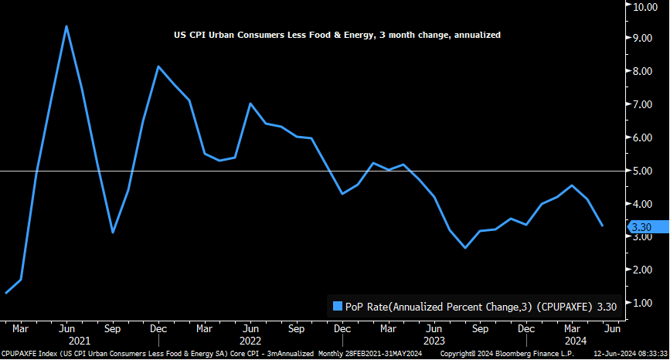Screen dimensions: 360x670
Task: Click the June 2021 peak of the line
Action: (x=66, y=26)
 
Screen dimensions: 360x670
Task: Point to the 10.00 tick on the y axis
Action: (x=644, y=7)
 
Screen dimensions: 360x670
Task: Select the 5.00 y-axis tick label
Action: (x=644, y=171)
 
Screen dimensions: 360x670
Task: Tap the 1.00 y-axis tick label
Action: (x=644, y=303)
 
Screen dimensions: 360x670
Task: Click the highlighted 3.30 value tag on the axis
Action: (x=642, y=227)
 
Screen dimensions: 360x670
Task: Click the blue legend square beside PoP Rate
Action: (x=337, y=306)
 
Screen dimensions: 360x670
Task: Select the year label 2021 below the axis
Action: (x=80, y=341)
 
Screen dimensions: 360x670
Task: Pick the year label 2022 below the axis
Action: (x=250, y=341)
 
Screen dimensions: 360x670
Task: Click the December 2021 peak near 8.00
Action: (x=158, y=66)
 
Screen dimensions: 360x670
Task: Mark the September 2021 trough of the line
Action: (x=113, y=232)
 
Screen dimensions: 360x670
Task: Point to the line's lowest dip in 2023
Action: (x=465, y=248)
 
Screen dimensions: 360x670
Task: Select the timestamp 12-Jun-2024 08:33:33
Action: (x=630, y=354)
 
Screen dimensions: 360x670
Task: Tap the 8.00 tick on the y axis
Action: (x=644, y=71)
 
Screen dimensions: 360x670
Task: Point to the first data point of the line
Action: (x=6, y=293)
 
